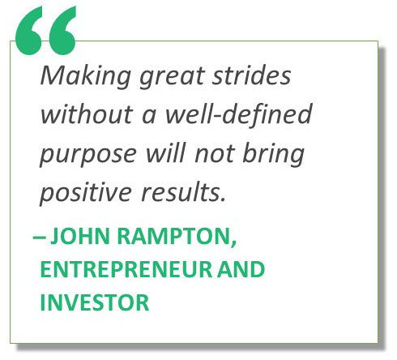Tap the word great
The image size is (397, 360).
click(173, 77)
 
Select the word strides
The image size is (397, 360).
click(251, 75)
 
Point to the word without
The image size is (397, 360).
click(87, 114)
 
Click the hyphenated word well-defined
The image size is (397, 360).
click(239, 114)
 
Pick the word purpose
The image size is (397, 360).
click(88, 156)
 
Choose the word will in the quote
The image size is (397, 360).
click(166, 152)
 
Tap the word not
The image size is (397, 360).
click(214, 154)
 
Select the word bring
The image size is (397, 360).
click(273, 155)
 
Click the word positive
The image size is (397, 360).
click(85, 194)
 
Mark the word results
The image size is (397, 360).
click(183, 192)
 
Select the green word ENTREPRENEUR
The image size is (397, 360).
click(126, 269)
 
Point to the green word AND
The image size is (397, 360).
click(241, 269)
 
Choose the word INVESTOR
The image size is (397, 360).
click(95, 302)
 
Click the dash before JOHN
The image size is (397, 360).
click(39, 238)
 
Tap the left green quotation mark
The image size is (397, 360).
click(29, 31)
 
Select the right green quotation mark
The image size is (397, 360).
click(62, 31)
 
